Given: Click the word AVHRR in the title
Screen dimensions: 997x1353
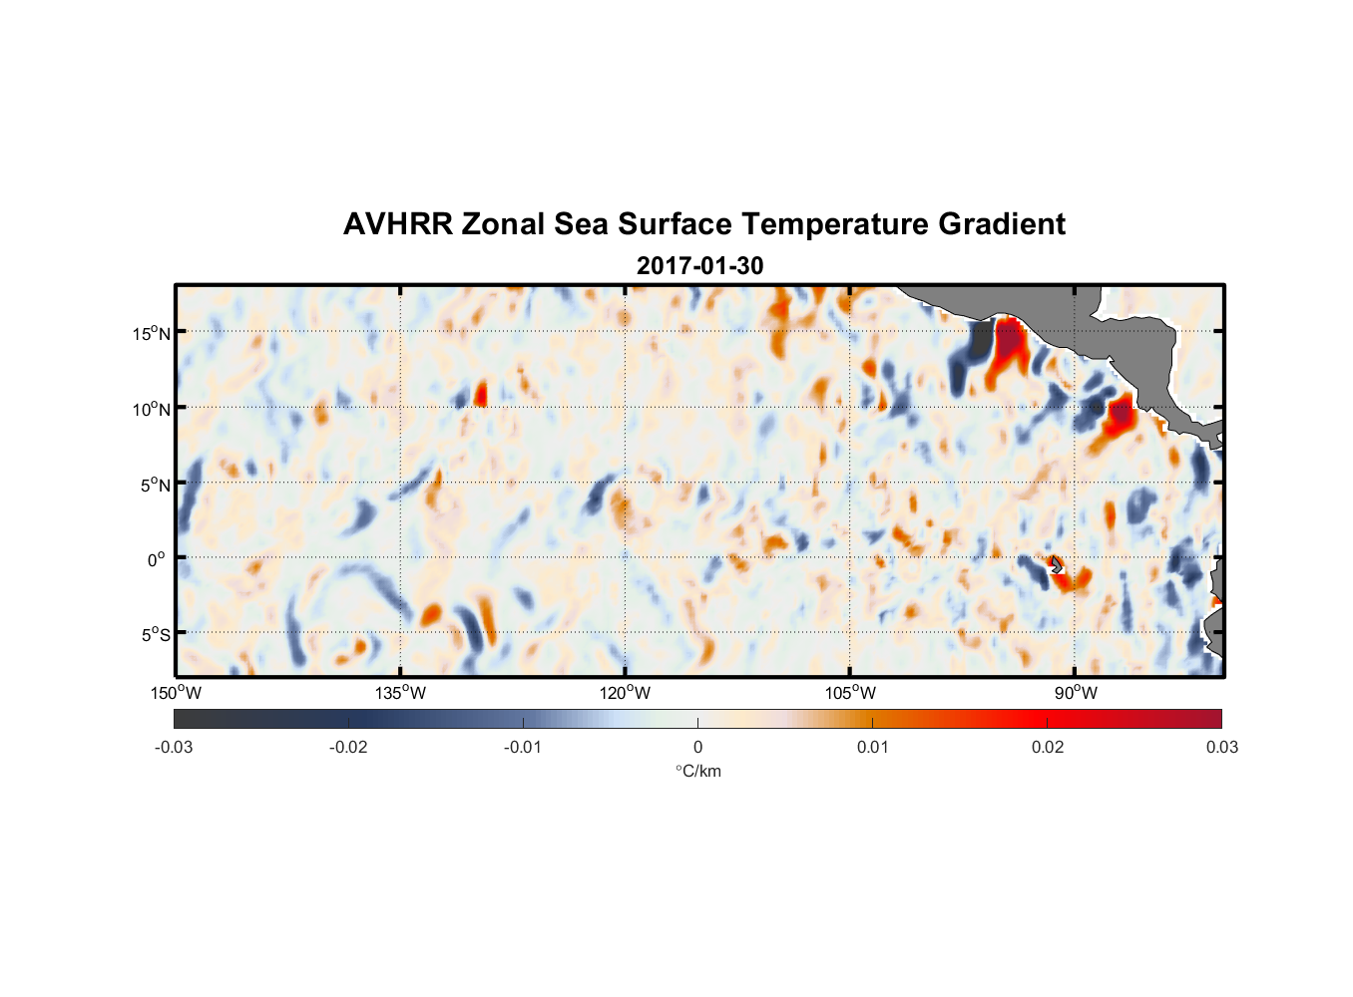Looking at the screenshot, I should (x=397, y=224).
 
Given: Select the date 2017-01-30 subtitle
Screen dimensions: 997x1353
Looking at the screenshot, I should (x=699, y=266).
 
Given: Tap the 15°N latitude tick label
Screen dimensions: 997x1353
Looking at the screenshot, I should (x=152, y=333).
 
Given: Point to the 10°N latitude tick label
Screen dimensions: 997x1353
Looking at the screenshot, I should (x=152, y=409).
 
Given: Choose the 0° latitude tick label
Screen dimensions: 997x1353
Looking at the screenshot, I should (x=157, y=559).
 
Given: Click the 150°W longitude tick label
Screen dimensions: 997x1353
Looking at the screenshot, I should (x=176, y=693).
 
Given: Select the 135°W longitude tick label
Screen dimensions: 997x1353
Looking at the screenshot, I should (x=400, y=693).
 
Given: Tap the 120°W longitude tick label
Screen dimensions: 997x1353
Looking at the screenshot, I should (x=625, y=693).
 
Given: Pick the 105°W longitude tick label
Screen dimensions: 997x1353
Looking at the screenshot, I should (x=850, y=693).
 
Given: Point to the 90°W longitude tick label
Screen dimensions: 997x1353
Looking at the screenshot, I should (x=1076, y=693).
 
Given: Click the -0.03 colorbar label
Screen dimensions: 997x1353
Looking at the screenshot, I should (x=174, y=748).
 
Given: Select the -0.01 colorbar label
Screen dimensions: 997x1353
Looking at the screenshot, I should (x=523, y=748).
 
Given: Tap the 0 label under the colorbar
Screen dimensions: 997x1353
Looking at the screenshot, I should (x=697, y=748).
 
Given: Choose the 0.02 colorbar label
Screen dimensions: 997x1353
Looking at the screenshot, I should (x=1048, y=748).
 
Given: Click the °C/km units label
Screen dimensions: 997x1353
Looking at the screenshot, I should (x=697, y=771).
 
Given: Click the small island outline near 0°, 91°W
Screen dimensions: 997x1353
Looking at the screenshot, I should (x=1056, y=565).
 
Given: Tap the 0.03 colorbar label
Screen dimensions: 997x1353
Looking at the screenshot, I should (x=1221, y=748).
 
